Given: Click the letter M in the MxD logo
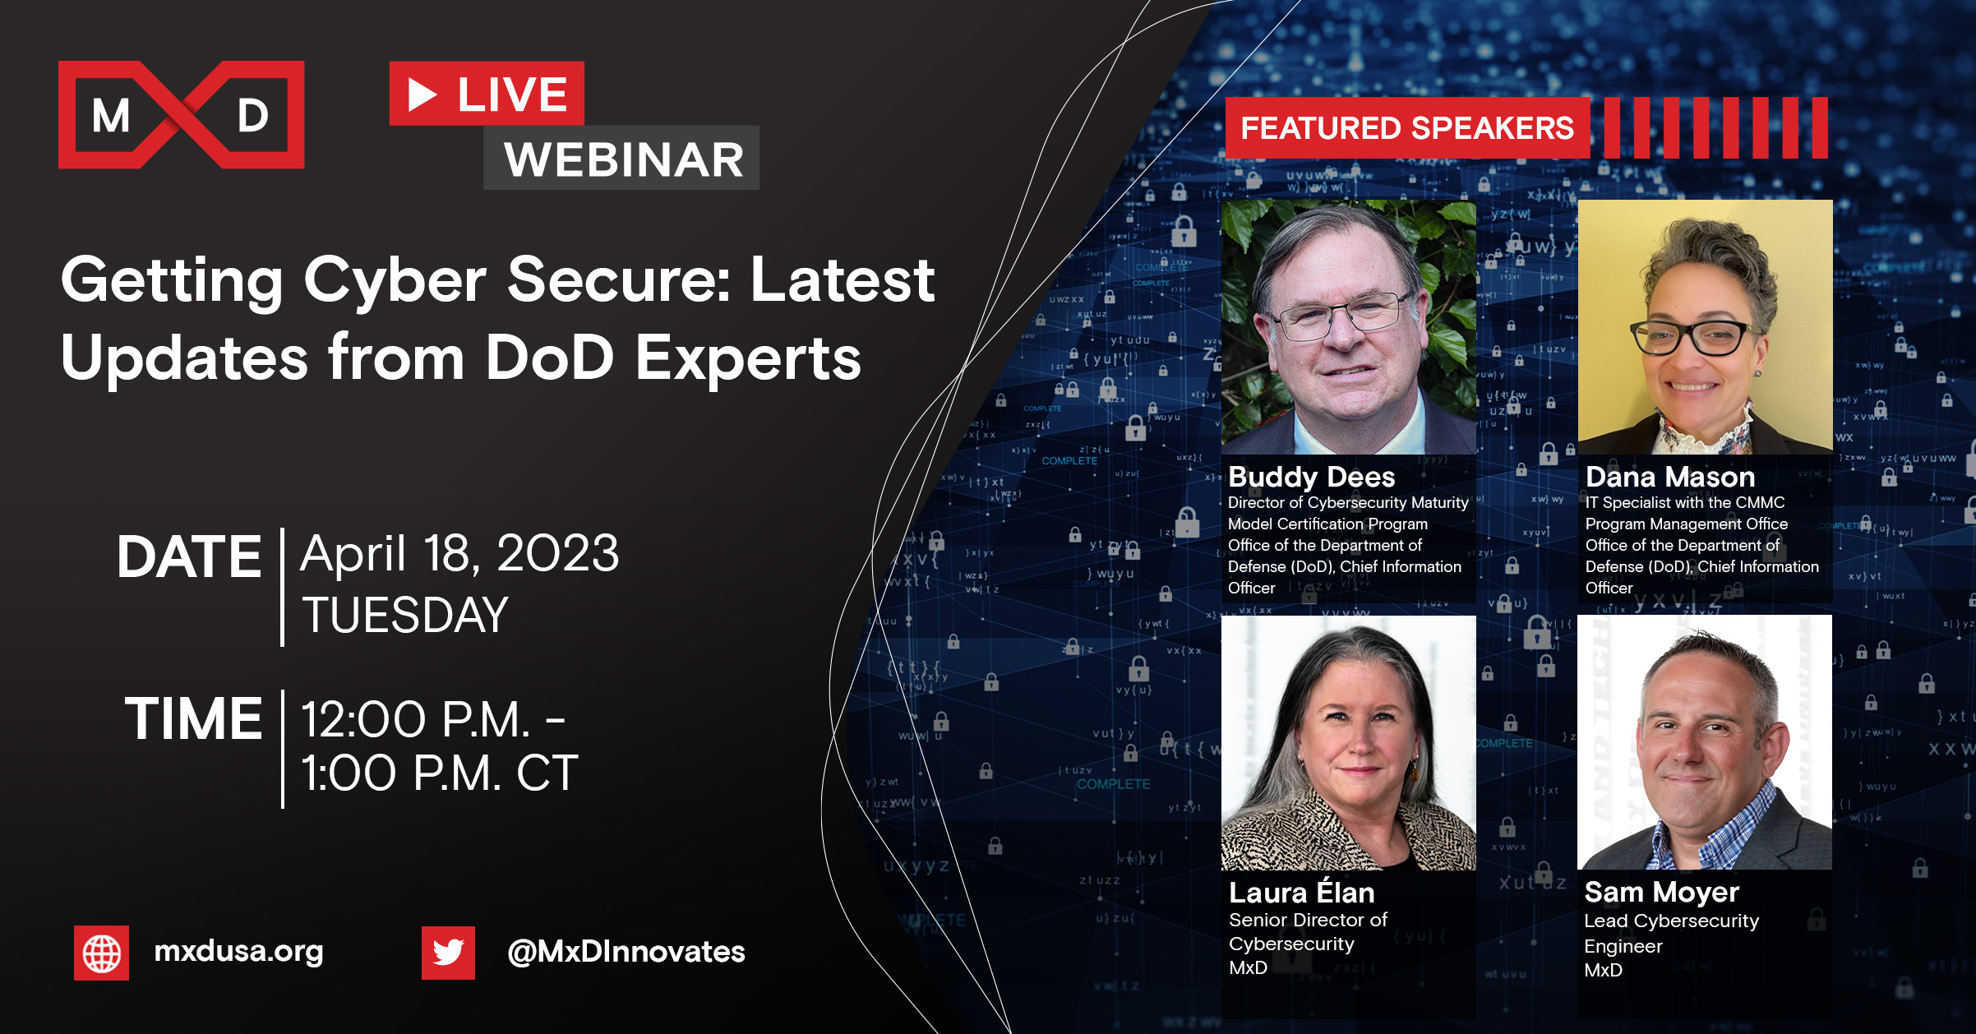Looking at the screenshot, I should pyautogui.click(x=111, y=116).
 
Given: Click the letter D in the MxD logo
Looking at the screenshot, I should pyautogui.click(x=253, y=116).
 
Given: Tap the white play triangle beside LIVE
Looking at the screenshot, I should pyautogui.click(x=422, y=95).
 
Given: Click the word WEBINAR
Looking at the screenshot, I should pyautogui.click(x=624, y=159).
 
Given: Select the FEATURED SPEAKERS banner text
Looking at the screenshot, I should pyautogui.click(x=1407, y=128).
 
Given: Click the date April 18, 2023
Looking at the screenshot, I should pyautogui.click(x=459, y=553).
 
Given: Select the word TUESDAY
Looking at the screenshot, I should pyautogui.click(x=405, y=615).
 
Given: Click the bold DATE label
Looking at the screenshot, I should pyautogui.click(x=189, y=557).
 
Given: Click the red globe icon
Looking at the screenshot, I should pyautogui.click(x=102, y=953).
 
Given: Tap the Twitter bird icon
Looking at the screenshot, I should pyautogui.click(x=448, y=953).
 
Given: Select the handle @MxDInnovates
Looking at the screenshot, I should pyautogui.click(x=626, y=952).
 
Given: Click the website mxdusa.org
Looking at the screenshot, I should pyautogui.click(x=238, y=951).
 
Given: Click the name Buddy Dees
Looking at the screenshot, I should pyautogui.click(x=1312, y=477).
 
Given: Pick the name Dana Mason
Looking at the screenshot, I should pyautogui.click(x=1670, y=477).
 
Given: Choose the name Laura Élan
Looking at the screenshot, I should pyautogui.click(x=1302, y=893).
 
